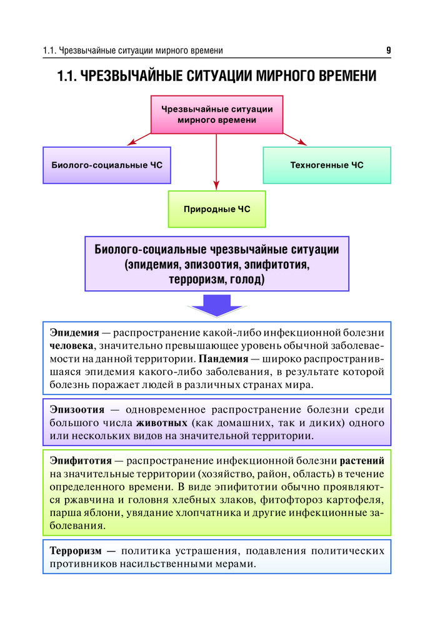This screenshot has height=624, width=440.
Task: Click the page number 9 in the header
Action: tap(389, 51)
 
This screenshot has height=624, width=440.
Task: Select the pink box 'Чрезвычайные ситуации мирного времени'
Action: tap(217, 115)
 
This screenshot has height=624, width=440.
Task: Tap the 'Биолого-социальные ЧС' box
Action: tap(107, 165)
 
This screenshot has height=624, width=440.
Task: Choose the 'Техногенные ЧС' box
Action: tap(327, 165)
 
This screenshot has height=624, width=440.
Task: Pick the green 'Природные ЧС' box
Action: tap(217, 209)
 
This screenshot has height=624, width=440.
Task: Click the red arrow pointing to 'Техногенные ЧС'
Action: tap(295, 139)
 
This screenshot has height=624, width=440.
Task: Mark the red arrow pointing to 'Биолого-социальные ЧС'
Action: tap(139, 139)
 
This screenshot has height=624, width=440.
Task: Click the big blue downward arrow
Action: tap(217, 306)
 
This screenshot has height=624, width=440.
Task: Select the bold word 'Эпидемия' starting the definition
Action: tap(74, 333)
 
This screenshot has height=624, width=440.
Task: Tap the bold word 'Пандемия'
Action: tap(224, 359)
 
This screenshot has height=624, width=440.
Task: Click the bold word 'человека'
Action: tap(72, 346)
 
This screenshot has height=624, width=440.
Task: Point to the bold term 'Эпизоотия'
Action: tap(77, 409)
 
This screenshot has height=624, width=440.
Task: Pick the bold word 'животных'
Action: tap(162, 422)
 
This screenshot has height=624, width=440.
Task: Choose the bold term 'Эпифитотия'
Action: tap(81, 461)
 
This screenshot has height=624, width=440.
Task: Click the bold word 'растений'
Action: tap(362, 461)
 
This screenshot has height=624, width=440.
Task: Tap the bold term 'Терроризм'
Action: tap(76, 551)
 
